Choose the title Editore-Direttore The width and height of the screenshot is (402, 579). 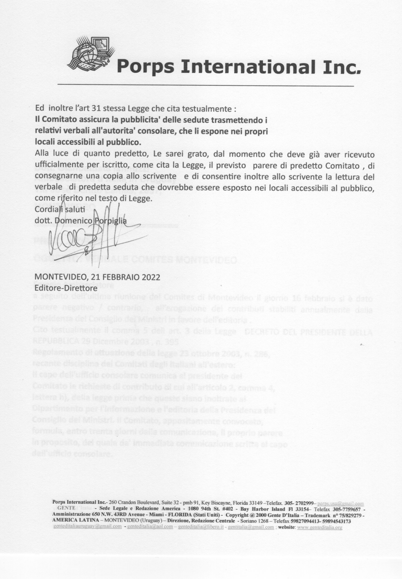66,288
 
